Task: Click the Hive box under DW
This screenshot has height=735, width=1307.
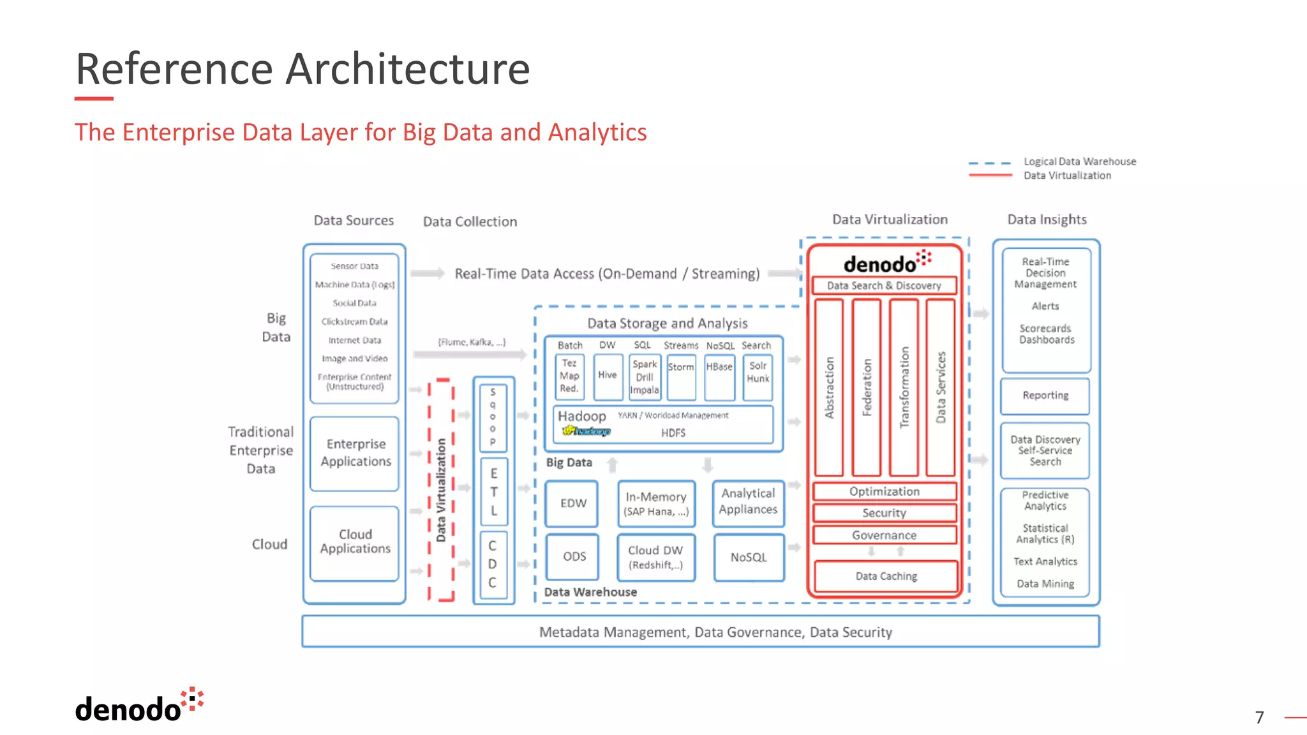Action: coord(607,376)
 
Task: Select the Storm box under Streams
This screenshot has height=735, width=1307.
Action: coord(681,376)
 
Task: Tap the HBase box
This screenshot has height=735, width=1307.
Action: coord(719,376)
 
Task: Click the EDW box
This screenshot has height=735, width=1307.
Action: coord(572,503)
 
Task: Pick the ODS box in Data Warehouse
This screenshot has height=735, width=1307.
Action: coord(574,556)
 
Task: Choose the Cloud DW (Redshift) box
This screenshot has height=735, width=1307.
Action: coord(655,557)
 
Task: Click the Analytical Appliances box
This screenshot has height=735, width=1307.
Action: coord(748,502)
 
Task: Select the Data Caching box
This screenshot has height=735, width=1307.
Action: coord(886,576)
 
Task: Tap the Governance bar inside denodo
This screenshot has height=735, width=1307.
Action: coord(884,535)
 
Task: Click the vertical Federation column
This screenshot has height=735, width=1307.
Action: coord(867,387)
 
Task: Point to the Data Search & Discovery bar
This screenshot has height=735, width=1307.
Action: coord(884,286)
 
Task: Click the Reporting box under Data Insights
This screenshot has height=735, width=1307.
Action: coord(1045,396)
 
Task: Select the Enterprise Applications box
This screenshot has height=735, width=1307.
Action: coord(355,453)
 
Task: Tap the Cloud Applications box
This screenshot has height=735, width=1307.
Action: coord(355,542)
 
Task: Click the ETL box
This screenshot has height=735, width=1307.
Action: coord(493,492)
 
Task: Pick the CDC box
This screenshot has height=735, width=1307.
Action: coord(492,564)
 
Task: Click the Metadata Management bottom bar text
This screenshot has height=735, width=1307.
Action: coord(715,632)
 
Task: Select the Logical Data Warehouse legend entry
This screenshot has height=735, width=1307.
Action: coord(1079,162)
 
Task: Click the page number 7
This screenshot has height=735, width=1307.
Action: coord(1259,717)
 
